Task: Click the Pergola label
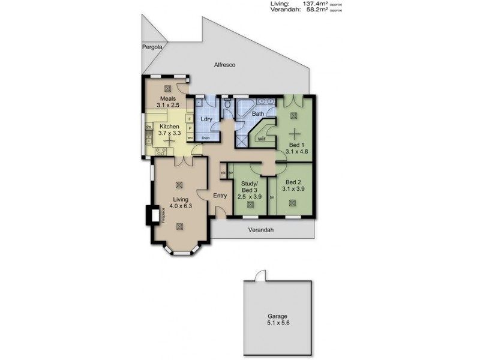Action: [152, 47]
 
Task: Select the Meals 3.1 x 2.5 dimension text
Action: [167, 105]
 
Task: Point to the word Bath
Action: [257, 113]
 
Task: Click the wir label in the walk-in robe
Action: [261, 139]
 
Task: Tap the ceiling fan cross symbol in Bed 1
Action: [293, 133]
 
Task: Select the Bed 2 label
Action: [293, 182]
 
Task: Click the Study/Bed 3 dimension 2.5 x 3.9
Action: [249, 196]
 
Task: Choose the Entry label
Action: [220, 194]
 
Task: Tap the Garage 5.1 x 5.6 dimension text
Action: [278, 322]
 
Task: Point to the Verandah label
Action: [261, 229]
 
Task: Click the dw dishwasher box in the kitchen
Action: [148, 127]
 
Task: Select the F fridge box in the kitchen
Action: [190, 119]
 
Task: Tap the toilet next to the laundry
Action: [226, 106]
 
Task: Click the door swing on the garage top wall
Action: [259, 275]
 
